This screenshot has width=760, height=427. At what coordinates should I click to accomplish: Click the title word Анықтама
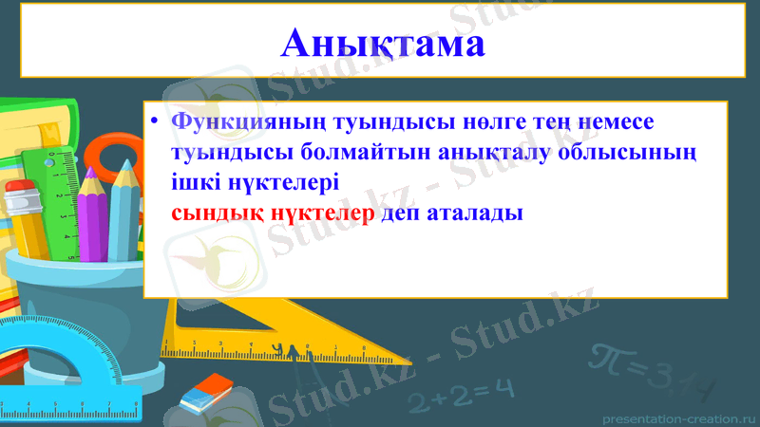click(x=382, y=43)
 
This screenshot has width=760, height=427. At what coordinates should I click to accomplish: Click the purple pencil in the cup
click(x=94, y=213)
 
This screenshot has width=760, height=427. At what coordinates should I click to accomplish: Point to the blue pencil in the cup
click(x=123, y=211)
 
